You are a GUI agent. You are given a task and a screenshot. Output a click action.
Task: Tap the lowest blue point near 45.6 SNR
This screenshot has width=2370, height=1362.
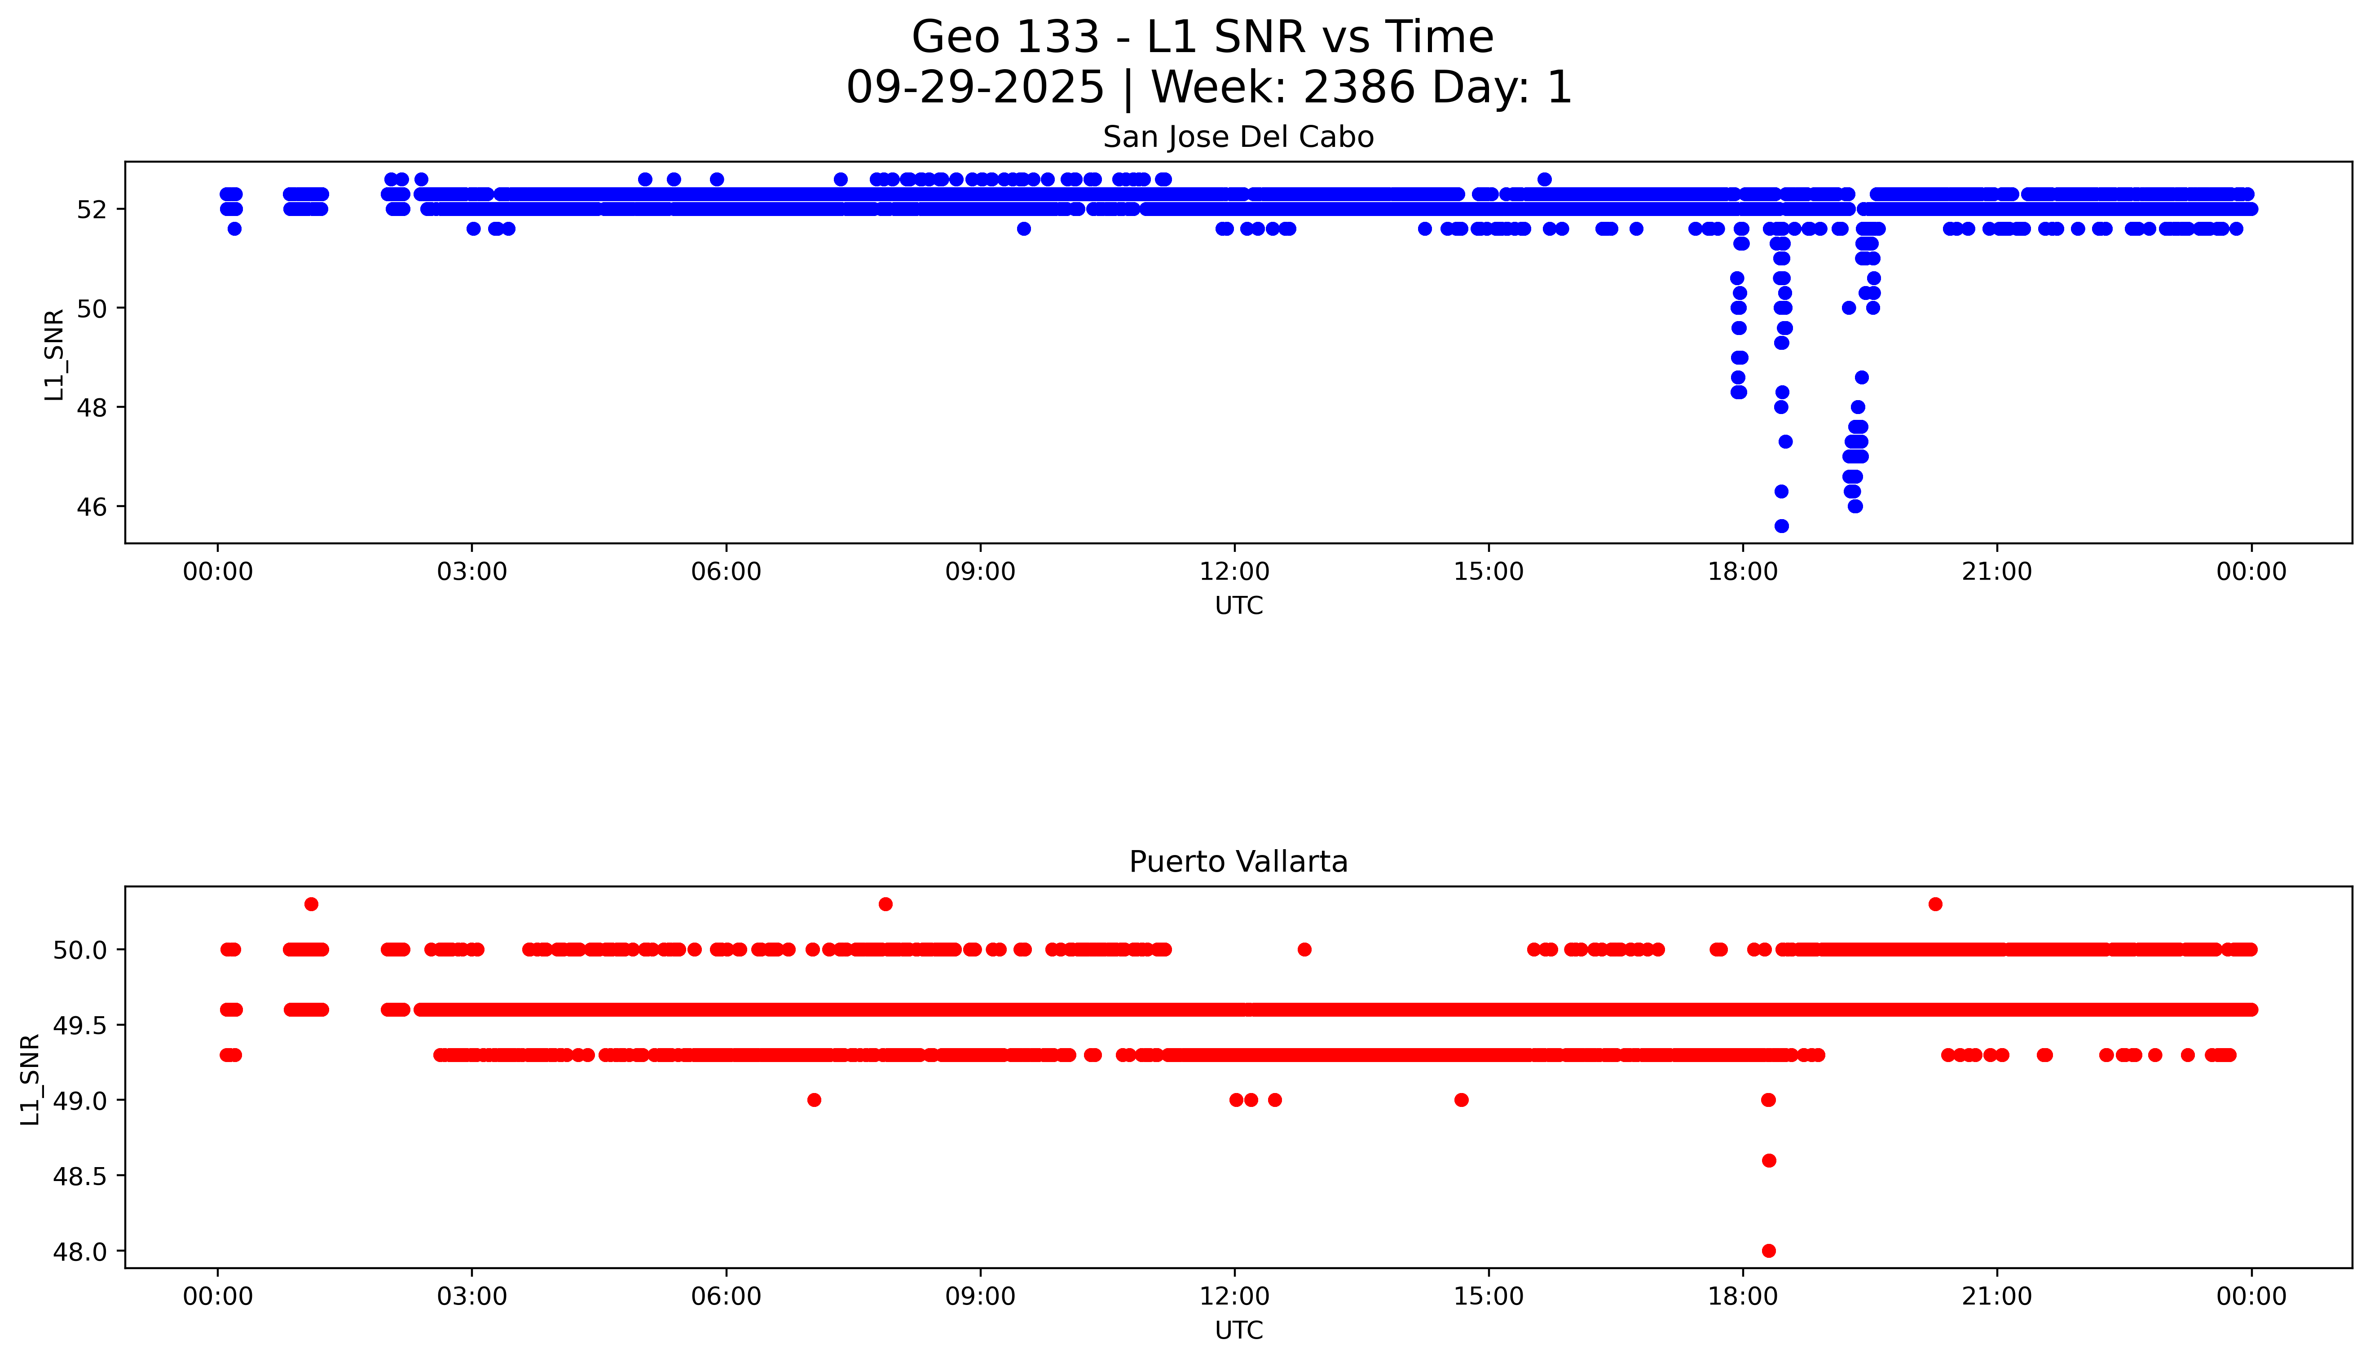click(1781, 526)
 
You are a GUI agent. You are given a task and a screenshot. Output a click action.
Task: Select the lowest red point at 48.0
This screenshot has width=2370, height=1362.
click(1768, 1251)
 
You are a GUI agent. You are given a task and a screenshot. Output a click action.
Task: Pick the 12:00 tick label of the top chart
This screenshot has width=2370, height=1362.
click(1234, 572)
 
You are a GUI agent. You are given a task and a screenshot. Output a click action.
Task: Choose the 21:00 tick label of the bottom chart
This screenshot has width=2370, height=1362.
click(1997, 1296)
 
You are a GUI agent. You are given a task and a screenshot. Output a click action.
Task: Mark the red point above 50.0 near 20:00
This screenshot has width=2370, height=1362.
click(1935, 904)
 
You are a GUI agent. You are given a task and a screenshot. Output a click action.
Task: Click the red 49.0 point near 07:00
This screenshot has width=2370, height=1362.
click(814, 1100)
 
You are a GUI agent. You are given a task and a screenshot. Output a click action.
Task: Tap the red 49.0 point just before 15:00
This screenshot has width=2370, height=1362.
click(1461, 1100)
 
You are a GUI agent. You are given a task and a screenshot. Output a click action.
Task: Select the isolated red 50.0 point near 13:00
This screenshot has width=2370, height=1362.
click(1304, 949)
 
